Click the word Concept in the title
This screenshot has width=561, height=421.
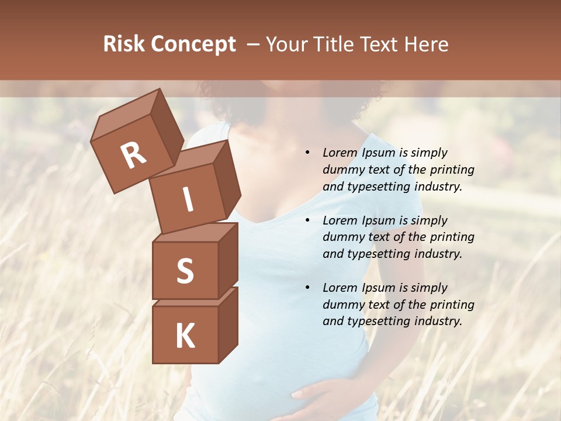coord(193,45)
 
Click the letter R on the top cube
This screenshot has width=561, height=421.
coord(133,155)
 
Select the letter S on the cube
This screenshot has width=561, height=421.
coord(185,271)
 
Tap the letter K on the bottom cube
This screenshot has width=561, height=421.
coord(185,336)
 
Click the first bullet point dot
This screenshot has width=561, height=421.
coord(307,153)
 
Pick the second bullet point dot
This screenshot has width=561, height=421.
coord(307,220)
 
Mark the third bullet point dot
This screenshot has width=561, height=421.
coord(307,288)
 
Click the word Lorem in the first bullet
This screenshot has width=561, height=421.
coord(340,153)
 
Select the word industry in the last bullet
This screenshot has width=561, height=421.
coord(438,321)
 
